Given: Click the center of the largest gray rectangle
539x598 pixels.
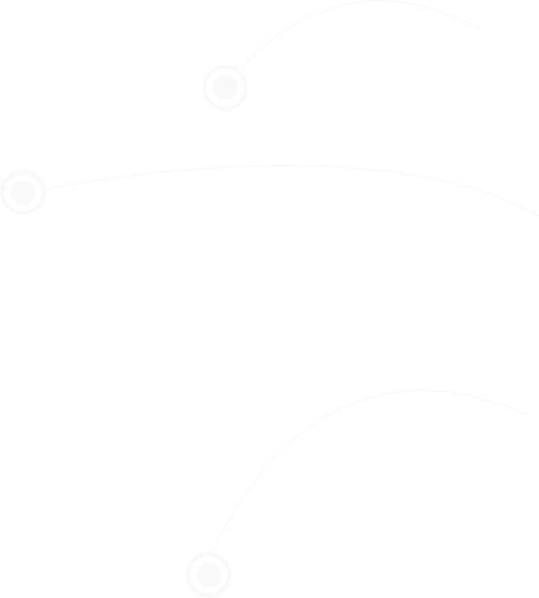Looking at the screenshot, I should click(369, 472).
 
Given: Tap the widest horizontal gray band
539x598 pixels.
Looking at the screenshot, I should click(291, 190).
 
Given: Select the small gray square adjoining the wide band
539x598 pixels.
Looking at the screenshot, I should click(22, 192).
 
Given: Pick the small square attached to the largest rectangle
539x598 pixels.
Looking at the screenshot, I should click(208, 574).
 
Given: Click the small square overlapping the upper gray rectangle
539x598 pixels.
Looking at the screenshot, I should click(225, 87).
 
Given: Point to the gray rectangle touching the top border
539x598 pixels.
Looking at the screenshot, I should click(358, 37).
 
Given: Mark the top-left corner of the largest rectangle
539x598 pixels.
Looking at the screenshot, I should click(210, 389).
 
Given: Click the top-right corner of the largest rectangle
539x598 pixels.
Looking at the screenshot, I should click(529, 389).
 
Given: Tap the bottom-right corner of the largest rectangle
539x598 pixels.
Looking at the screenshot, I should click(529, 556).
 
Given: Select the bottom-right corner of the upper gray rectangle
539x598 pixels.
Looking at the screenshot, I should click(480, 74).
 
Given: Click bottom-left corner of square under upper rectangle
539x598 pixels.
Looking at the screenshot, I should click(201, 112).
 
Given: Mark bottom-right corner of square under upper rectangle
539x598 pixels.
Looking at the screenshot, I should click(249, 112).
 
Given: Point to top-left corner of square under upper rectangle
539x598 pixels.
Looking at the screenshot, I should click(201, 64).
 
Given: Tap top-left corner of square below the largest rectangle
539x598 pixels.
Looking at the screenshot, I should click(184, 551).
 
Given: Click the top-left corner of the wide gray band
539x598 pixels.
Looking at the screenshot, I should click(43, 164).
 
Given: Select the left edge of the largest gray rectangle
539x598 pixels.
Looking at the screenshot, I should click(210, 472).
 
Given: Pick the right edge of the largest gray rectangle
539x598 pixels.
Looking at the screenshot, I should click(529, 472).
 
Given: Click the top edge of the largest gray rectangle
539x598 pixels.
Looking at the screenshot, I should click(369, 389).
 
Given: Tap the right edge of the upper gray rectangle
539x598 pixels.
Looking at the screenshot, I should click(480, 37).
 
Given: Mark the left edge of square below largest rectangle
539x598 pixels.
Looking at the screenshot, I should click(184, 574).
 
